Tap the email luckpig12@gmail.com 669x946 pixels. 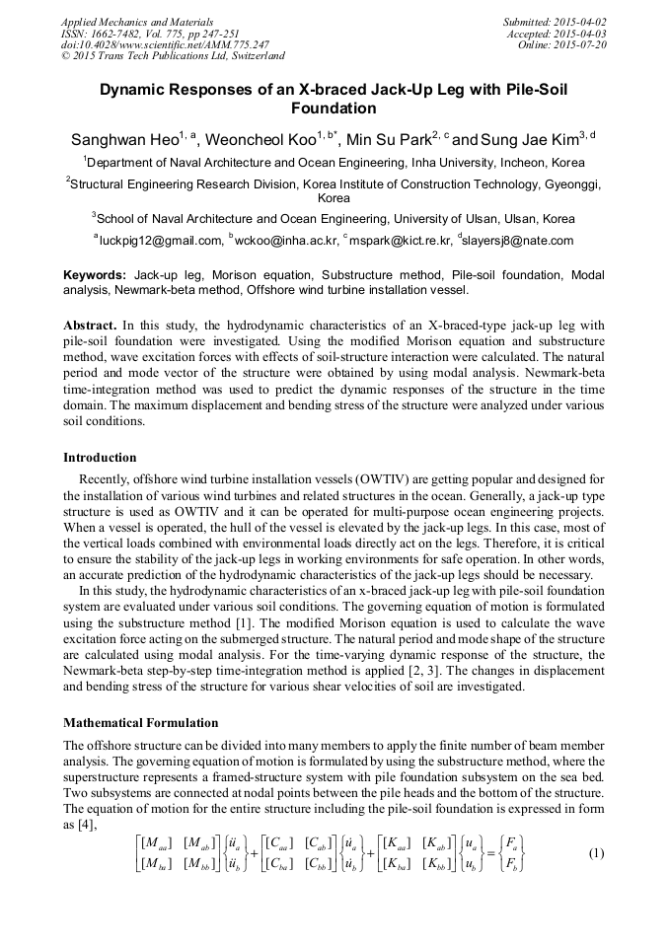pos(161,240)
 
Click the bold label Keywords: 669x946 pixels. pos(95,273)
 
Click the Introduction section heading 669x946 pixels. pos(100,457)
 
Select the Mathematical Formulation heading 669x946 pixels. pos(141,723)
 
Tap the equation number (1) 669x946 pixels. pos(595,852)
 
